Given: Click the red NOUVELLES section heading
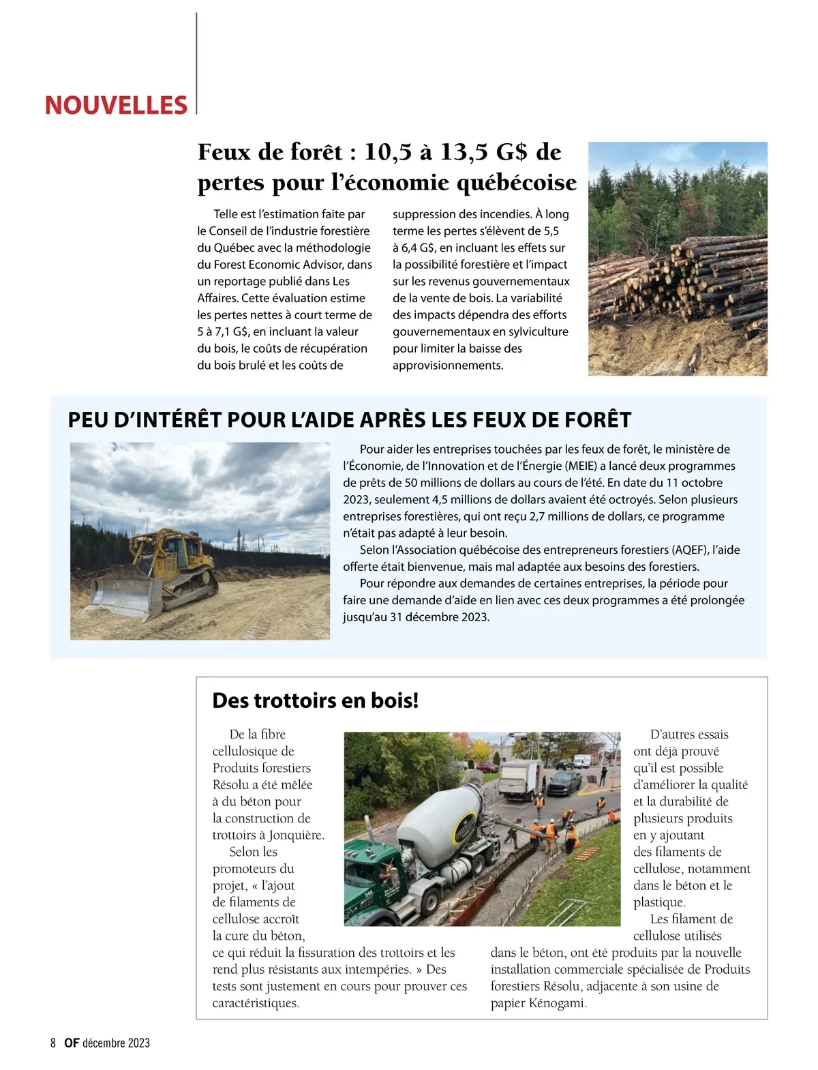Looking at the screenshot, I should click(x=116, y=105).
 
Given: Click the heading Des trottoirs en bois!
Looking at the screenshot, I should click(x=316, y=700).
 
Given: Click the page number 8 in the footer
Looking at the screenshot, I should click(x=53, y=1043).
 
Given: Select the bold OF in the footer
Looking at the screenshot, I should click(x=71, y=1043).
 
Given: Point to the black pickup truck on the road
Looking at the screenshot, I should click(x=564, y=783).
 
